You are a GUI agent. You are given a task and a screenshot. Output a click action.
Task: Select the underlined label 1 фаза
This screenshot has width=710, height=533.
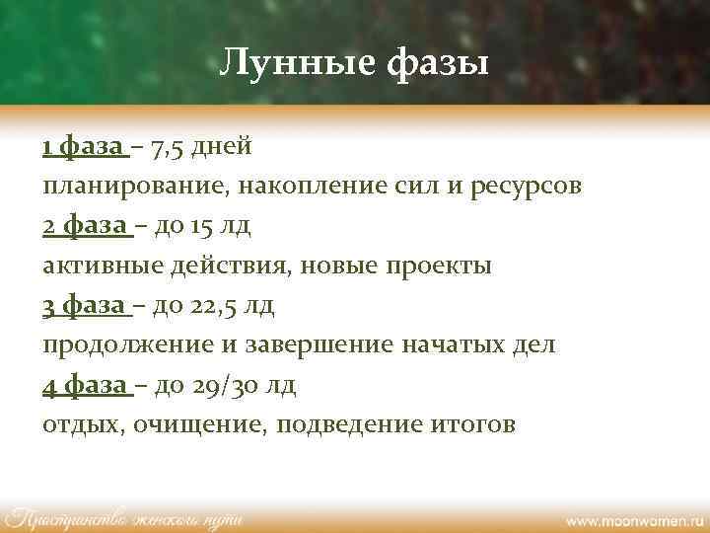tap(85, 147)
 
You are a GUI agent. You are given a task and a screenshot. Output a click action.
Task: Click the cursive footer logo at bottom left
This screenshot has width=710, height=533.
tap(123, 516)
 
